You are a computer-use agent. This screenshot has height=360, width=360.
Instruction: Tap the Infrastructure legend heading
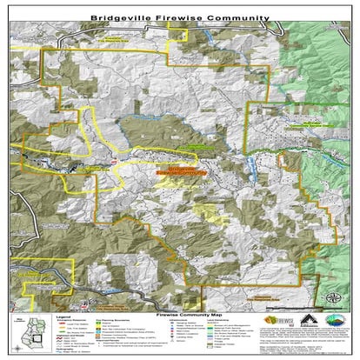point(182,323)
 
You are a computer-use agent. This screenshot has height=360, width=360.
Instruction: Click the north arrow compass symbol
point(335,301)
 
